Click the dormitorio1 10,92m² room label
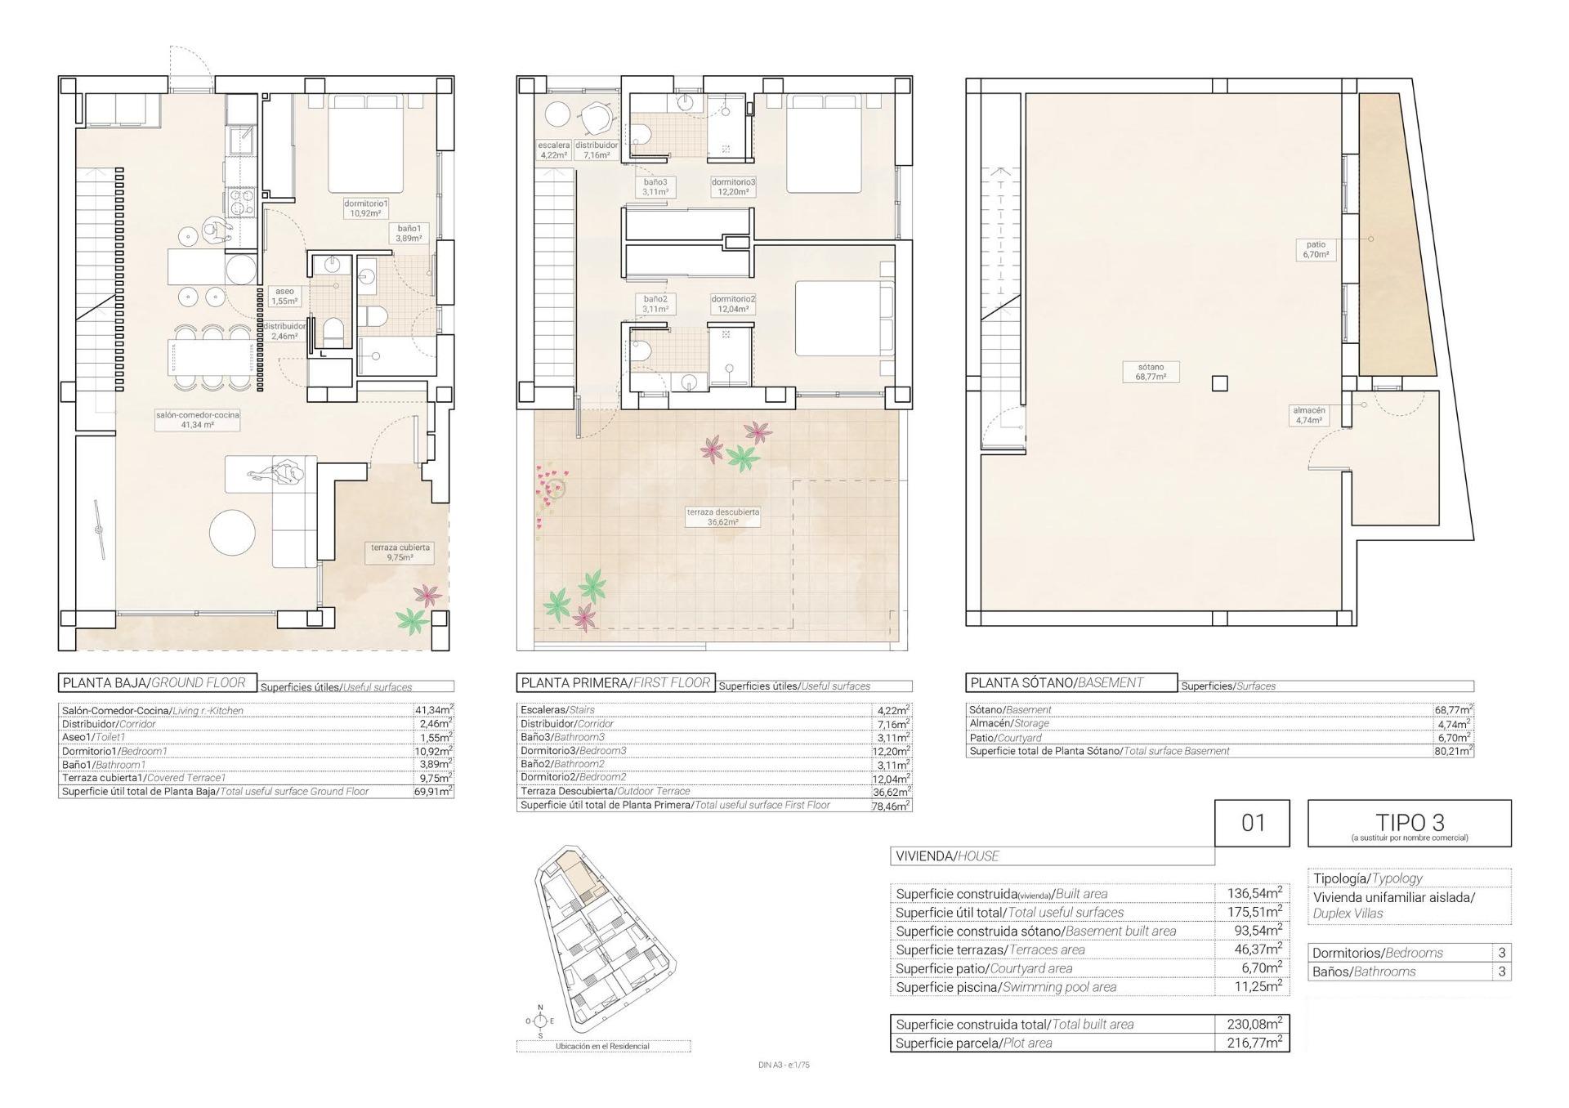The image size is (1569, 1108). [365, 208]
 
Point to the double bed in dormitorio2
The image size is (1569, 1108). [841, 319]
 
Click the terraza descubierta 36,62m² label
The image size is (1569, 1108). [722, 516]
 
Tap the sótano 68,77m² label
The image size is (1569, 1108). [1150, 372]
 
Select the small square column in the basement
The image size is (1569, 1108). [1219, 383]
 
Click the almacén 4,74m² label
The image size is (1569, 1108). [1308, 415]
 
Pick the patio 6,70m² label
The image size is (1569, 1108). [1316, 249]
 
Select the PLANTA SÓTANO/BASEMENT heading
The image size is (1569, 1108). [1071, 683]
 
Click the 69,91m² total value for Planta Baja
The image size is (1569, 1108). [433, 791]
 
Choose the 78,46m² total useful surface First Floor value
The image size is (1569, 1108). [892, 805]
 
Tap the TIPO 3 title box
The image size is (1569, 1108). [1409, 823]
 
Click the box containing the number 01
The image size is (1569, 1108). [1252, 823]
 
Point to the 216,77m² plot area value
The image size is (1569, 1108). [1253, 1043]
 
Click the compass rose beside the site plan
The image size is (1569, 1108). [539, 1021]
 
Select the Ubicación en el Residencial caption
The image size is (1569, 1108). [602, 1046]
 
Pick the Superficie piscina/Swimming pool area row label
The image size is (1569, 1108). [1006, 987]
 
